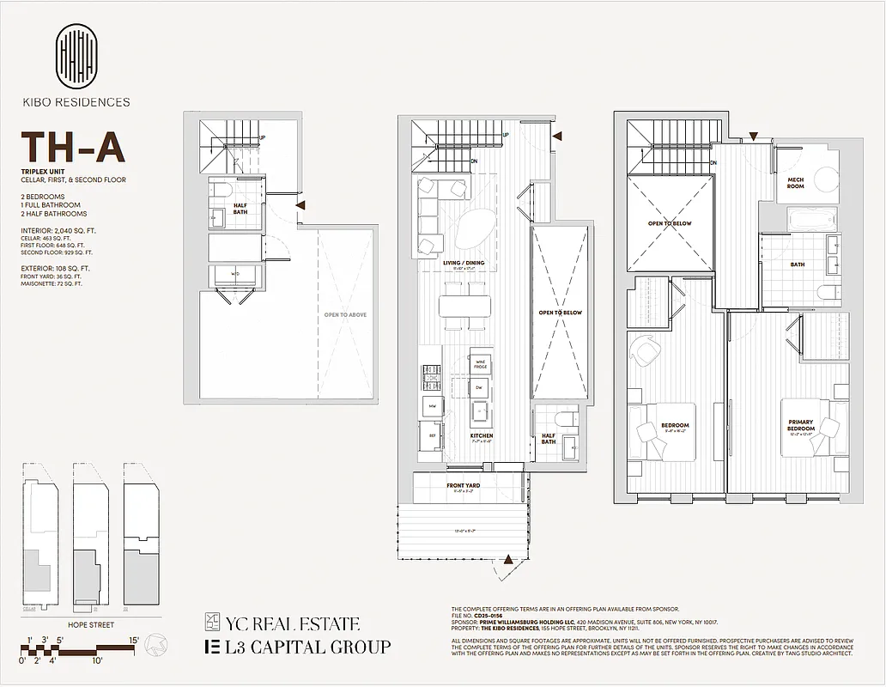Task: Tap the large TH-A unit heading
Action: click(x=73, y=148)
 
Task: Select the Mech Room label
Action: click(x=795, y=183)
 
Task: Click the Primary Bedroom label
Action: click(x=800, y=424)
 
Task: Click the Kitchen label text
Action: click(x=481, y=436)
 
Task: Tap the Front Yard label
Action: click(x=463, y=486)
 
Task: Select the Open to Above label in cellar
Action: click(x=345, y=315)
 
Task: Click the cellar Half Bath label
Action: click(x=240, y=209)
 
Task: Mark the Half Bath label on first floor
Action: click(x=548, y=439)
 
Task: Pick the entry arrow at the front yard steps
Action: click(x=509, y=560)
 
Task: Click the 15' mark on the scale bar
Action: click(x=134, y=640)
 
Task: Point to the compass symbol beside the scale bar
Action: click(x=155, y=643)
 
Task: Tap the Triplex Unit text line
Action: click(x=44, y=173)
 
